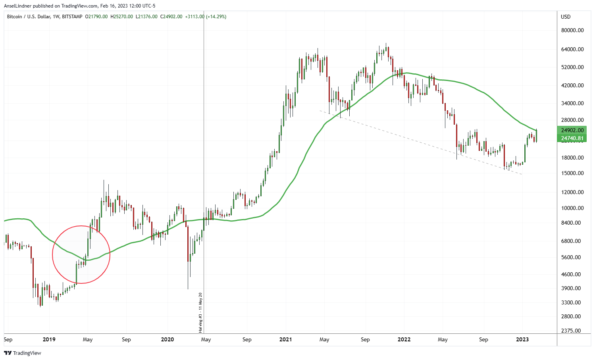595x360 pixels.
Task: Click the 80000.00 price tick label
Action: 572,30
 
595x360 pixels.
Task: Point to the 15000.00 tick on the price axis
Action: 572,173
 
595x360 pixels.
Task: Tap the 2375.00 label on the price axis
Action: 572,331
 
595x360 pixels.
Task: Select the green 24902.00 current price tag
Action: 572,130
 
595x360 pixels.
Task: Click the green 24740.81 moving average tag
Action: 572,138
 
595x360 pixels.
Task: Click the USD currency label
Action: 566,17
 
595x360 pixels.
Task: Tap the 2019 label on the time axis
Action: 49,339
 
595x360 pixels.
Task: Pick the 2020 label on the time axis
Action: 167,339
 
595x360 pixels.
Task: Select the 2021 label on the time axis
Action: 285,339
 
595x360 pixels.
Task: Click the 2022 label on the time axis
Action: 404,339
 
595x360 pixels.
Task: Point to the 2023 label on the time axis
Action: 522,339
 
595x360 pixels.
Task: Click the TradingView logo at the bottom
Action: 23,353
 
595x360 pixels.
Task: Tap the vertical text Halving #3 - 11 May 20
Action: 200,312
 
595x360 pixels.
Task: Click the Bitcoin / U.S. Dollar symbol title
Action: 28,17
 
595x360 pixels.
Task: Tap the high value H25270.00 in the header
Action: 122,17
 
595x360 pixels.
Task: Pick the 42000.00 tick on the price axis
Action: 572,85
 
